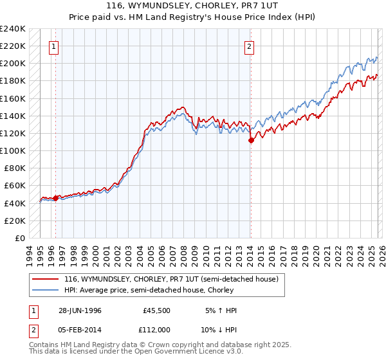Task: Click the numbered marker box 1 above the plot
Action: (x=53, y=46)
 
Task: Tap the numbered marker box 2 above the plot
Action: (x=249, y=46)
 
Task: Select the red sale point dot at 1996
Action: (x=55, y=198)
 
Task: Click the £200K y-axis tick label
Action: (x=13, y=63)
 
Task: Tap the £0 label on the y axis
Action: (x=20, y=238)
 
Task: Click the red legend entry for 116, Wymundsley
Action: (x=171, y=279)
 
